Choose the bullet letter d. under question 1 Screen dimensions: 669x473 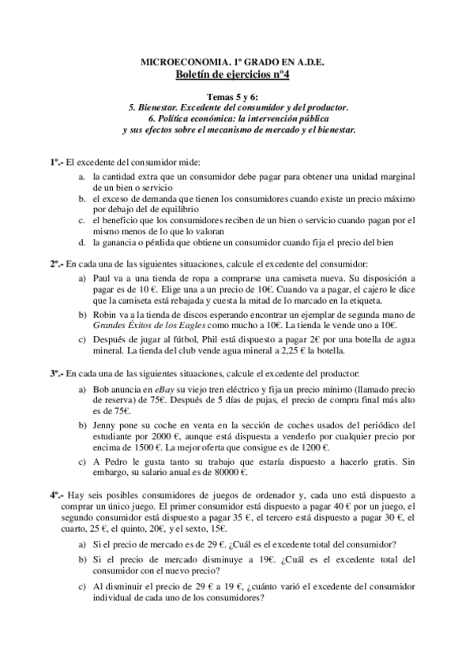82,243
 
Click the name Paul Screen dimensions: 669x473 103,279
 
